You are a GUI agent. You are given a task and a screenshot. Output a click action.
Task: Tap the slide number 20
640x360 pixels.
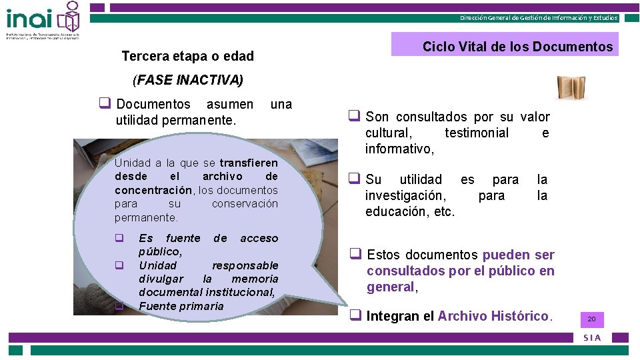click(591, 320)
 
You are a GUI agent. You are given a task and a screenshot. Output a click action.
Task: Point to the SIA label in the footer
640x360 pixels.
click(592, 337)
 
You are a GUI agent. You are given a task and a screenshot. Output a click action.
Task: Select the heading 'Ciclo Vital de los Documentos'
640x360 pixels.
click(517, 47)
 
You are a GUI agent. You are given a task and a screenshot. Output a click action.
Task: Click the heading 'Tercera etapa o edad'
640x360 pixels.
click(187, 57)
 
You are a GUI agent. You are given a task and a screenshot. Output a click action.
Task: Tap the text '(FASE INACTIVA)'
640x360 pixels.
click(188, 81)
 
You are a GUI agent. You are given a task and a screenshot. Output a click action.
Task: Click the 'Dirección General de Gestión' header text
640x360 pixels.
click(539, 18)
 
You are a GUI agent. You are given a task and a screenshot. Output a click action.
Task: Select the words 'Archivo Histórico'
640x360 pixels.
click(493, 316)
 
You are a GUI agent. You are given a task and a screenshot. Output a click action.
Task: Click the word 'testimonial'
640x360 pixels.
click(477, 133)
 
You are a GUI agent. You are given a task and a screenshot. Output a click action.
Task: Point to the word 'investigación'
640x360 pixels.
click(405, 196)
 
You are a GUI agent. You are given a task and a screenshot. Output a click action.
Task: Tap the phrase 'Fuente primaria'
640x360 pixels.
click(181, 306)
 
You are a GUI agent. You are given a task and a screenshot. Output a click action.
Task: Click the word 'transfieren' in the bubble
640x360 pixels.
click(249, 163)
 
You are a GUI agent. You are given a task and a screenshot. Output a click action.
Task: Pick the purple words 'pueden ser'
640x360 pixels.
click(518, 255)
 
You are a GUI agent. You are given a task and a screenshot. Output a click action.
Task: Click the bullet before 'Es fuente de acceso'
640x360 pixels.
click(119, 238)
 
